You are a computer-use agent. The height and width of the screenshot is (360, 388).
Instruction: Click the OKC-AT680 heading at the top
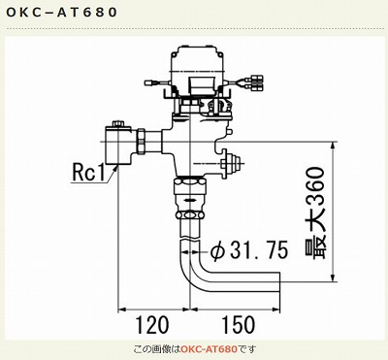(x=61, y=13)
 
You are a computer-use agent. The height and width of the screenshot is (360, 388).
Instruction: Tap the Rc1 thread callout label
(x=88, y=173)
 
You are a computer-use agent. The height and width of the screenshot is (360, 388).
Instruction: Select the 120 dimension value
(x=152, y=325)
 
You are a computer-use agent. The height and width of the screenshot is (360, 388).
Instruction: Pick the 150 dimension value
(x=238, y=325)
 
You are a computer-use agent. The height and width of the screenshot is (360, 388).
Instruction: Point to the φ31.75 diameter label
(x=249, y=250)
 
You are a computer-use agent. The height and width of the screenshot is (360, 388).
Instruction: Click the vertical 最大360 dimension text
(x=314, y=213)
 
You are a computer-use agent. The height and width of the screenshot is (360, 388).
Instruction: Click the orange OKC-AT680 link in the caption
(x=210, y=349)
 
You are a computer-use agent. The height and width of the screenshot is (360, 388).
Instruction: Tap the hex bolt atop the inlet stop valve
(x=117, y=124)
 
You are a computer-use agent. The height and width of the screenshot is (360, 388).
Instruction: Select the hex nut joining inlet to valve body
(x=142, y=143)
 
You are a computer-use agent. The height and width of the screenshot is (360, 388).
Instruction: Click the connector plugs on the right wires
(x=257, y=83)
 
